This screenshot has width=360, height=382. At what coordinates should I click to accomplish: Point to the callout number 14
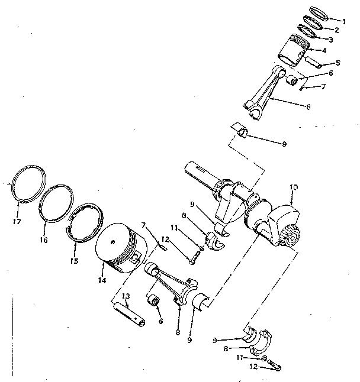point(102,281)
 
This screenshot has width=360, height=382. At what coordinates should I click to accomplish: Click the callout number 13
point(126,296)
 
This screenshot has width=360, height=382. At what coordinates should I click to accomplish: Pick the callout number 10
point(293,187)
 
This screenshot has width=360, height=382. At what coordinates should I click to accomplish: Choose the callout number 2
point(337,30)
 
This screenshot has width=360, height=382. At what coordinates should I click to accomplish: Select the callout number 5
point(338,63)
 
